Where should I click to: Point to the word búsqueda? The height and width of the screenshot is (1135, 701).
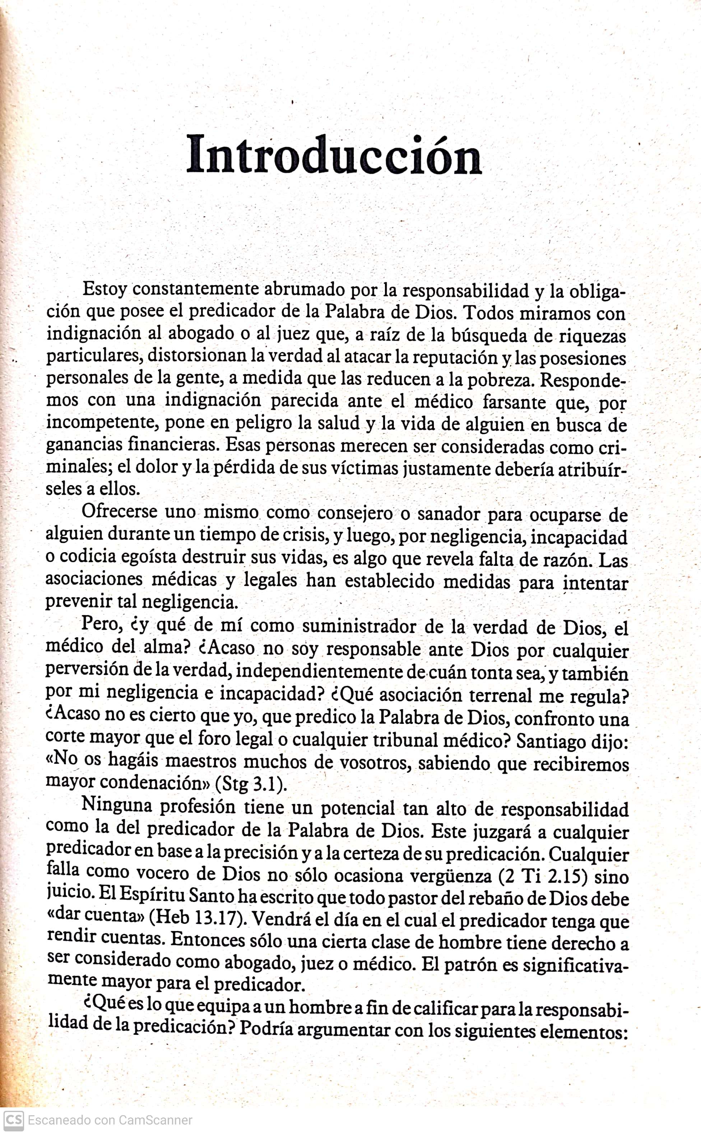(488, 335)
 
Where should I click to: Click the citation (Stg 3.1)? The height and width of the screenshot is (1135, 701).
(251, 784)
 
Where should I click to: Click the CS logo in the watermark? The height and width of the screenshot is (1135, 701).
(13, 1120)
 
